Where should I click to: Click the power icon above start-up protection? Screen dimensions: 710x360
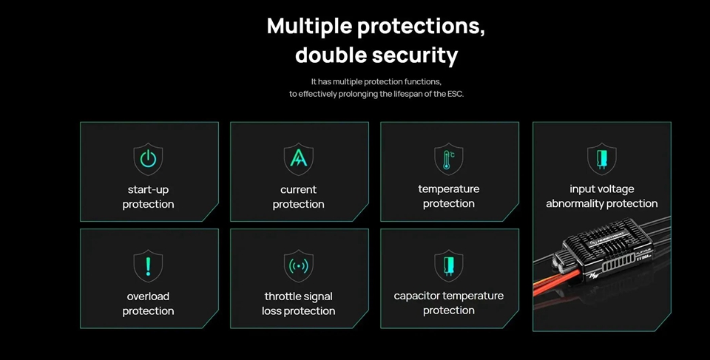(148, 159)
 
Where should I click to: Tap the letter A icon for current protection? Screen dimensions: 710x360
(298, 159)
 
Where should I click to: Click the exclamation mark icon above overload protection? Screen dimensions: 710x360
(148, 266)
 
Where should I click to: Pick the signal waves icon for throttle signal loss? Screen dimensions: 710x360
(298, 266)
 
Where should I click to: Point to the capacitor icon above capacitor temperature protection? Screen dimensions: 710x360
(449, 266)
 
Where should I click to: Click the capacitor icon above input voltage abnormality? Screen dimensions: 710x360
(602, 159)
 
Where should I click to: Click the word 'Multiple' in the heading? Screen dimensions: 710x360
(310, 27)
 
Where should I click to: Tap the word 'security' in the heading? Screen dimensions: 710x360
(414, 56)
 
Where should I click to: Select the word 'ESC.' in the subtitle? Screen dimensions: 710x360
(456, 94)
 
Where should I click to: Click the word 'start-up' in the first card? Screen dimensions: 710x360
(148, 190)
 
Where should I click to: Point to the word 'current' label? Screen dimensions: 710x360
(298, 190)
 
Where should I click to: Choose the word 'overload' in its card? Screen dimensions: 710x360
(148, 296)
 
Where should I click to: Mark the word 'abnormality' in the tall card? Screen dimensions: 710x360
(575, 204)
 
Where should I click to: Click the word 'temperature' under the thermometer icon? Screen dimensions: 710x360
(449, 189)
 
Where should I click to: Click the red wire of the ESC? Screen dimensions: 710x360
(556, 282)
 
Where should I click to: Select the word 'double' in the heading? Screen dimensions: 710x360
(331, 55)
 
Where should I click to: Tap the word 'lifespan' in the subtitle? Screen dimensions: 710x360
(402, 94)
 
